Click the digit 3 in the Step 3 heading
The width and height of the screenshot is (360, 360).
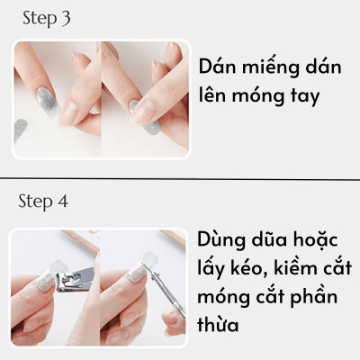tap(66, 19)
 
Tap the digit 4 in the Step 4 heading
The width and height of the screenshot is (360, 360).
tap(63, 201)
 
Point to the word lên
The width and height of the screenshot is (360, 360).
tap(219, 95)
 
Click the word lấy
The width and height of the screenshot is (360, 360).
tap(217, 269)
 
